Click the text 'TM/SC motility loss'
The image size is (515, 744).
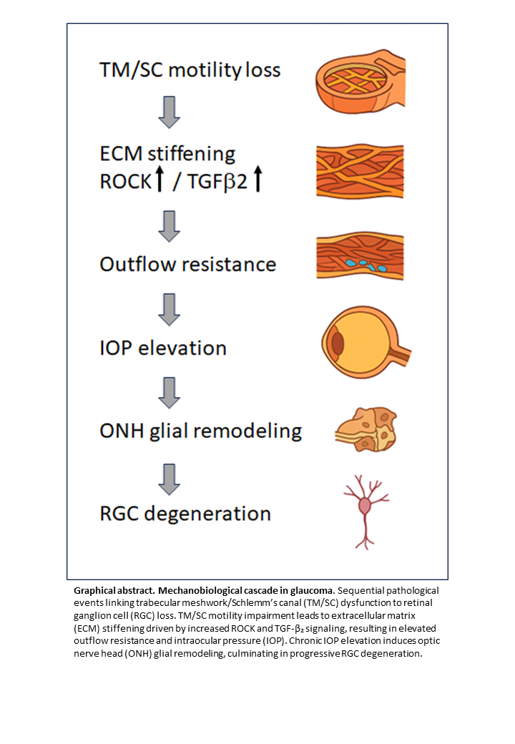click(190, 69)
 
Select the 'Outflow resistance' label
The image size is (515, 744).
click(187, 264)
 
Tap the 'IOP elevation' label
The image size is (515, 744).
click(162, 348)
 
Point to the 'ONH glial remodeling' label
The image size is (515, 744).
click(200, 431)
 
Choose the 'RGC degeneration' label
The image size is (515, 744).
click(185, 514)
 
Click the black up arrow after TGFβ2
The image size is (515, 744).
click(258, 180)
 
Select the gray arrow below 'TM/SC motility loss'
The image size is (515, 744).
click(169, 112)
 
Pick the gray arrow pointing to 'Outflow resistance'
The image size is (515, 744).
click(169, 227)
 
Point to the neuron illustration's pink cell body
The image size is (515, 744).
click(366, 506)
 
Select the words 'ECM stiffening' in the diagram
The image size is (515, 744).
click(167, 154)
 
